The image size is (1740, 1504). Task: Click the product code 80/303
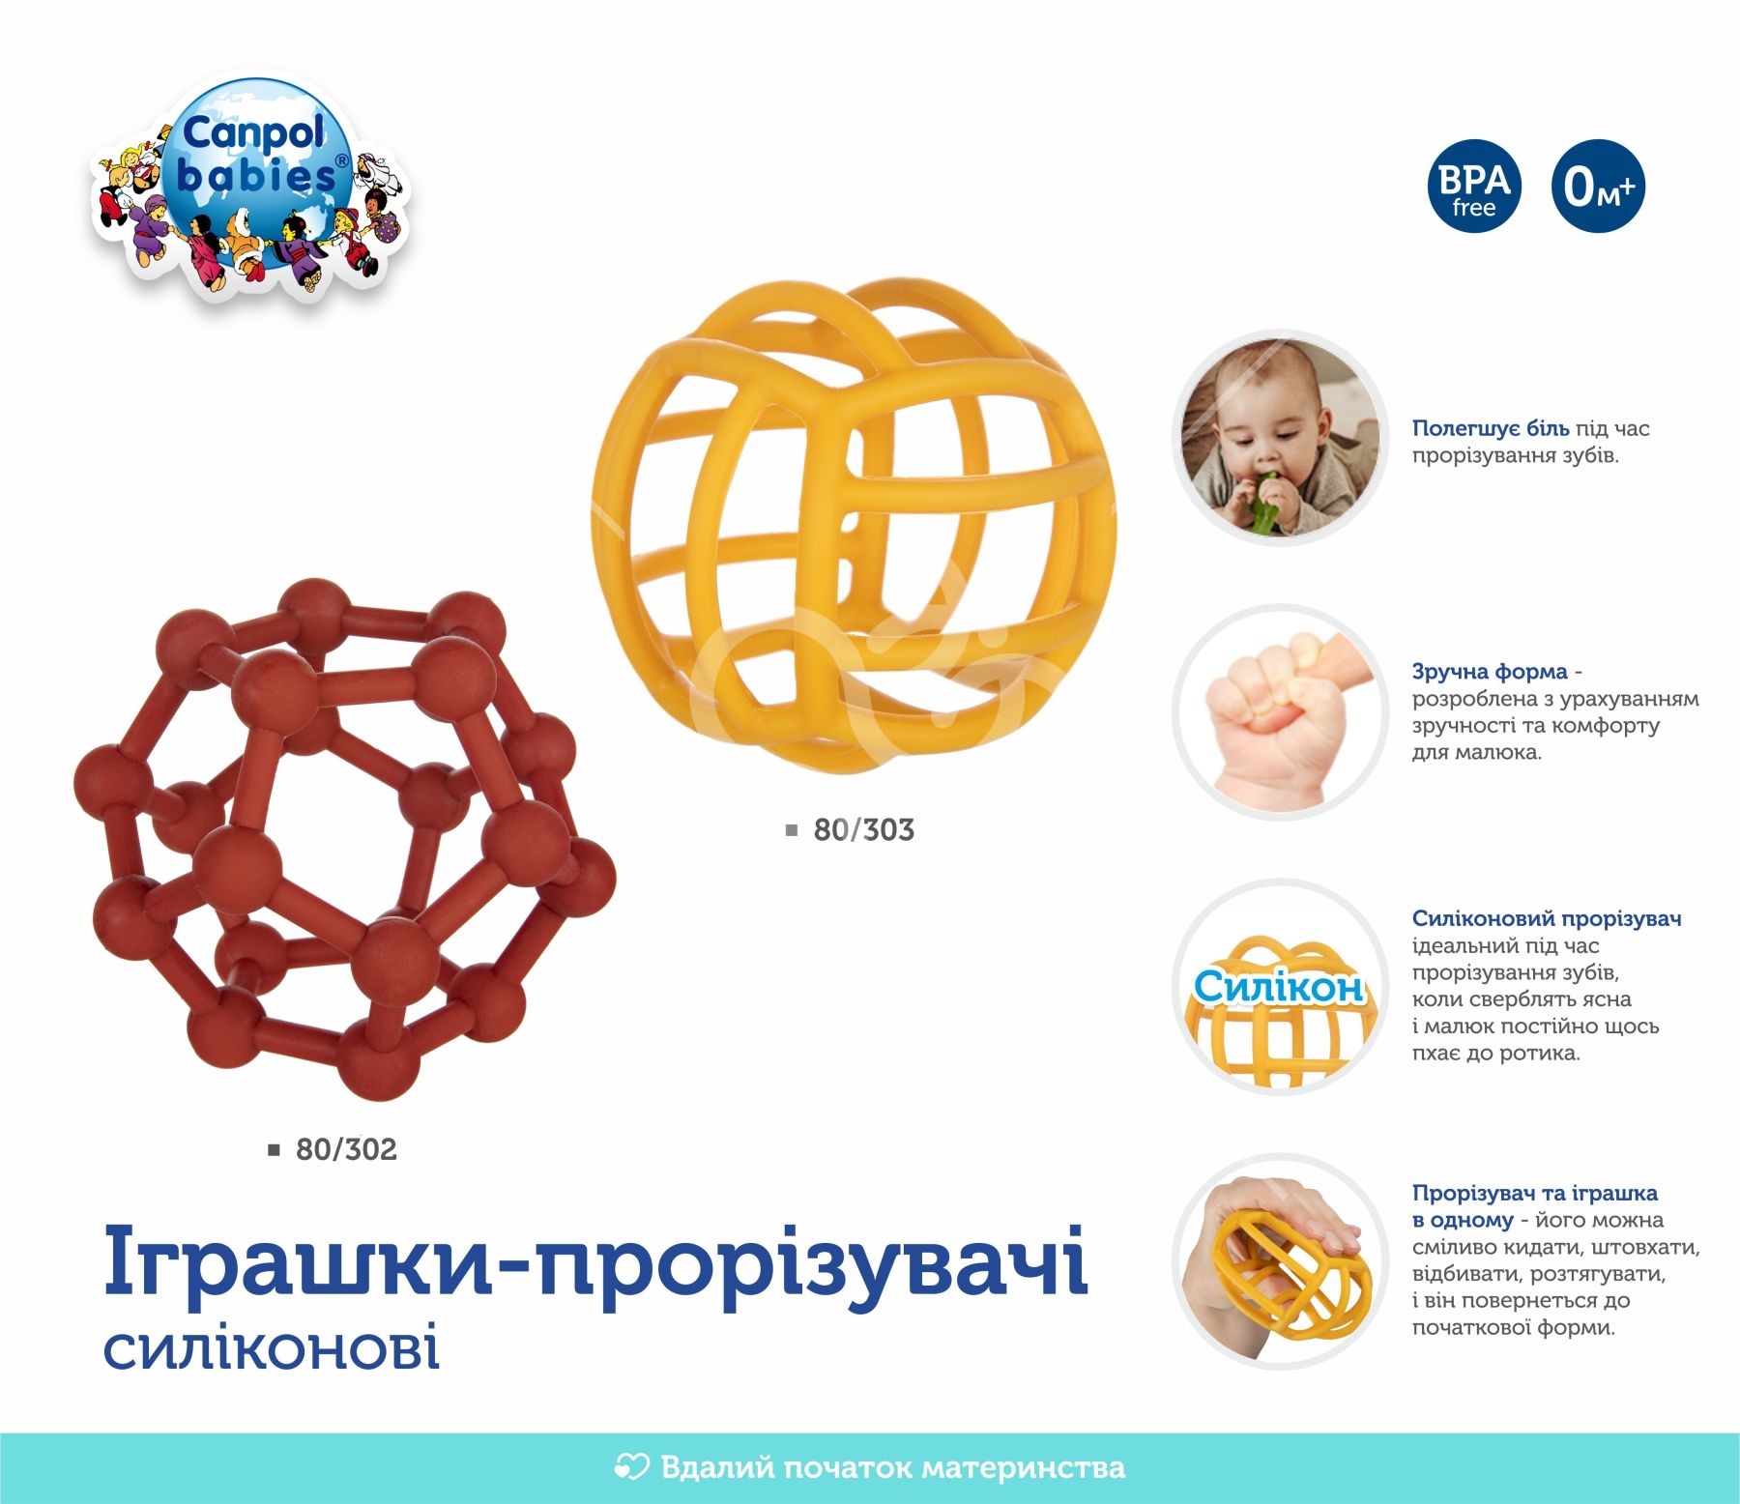(x=863, y=830)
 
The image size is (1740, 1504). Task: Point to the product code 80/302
(x=346, y=1150)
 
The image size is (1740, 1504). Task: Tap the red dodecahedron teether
(x=344, y=839)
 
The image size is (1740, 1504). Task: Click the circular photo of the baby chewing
(x=1281, y=438)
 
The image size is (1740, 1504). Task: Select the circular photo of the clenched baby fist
(x=1281, y=712)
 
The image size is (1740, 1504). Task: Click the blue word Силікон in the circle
(x=1278, y=987)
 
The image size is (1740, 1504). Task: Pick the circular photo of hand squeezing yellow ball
(x=1281, y=1261)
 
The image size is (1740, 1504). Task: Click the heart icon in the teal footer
(x=631, y=1467)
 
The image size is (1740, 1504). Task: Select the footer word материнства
(x=1024, y=1468)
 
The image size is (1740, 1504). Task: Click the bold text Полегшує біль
(x=1491, y=428)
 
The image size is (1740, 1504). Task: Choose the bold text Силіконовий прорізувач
(x=1547, y=918)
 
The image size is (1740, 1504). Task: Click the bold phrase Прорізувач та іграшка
(x=1535, y=1193)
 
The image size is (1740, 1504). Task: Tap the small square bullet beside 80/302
(x=275, y=1150)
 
